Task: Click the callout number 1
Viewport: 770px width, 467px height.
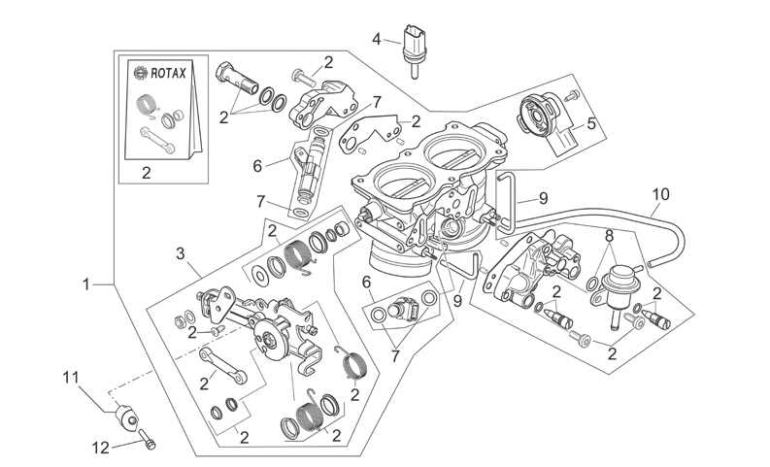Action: [x=85, y=284]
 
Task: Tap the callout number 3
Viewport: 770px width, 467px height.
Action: [x=180, y=254]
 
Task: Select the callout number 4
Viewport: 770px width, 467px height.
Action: [x=377, y=39]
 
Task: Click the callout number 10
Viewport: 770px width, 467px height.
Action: [x=660, y=194]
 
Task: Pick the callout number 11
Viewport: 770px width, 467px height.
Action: [x=69, y=377]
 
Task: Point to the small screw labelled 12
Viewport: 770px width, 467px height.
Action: [x=146, y=442]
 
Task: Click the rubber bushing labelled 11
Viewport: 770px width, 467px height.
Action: [x=126, y=418]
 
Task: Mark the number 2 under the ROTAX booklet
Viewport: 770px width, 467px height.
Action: [x=147, y=173]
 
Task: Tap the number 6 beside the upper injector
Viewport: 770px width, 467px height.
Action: [x=258, y=166]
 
